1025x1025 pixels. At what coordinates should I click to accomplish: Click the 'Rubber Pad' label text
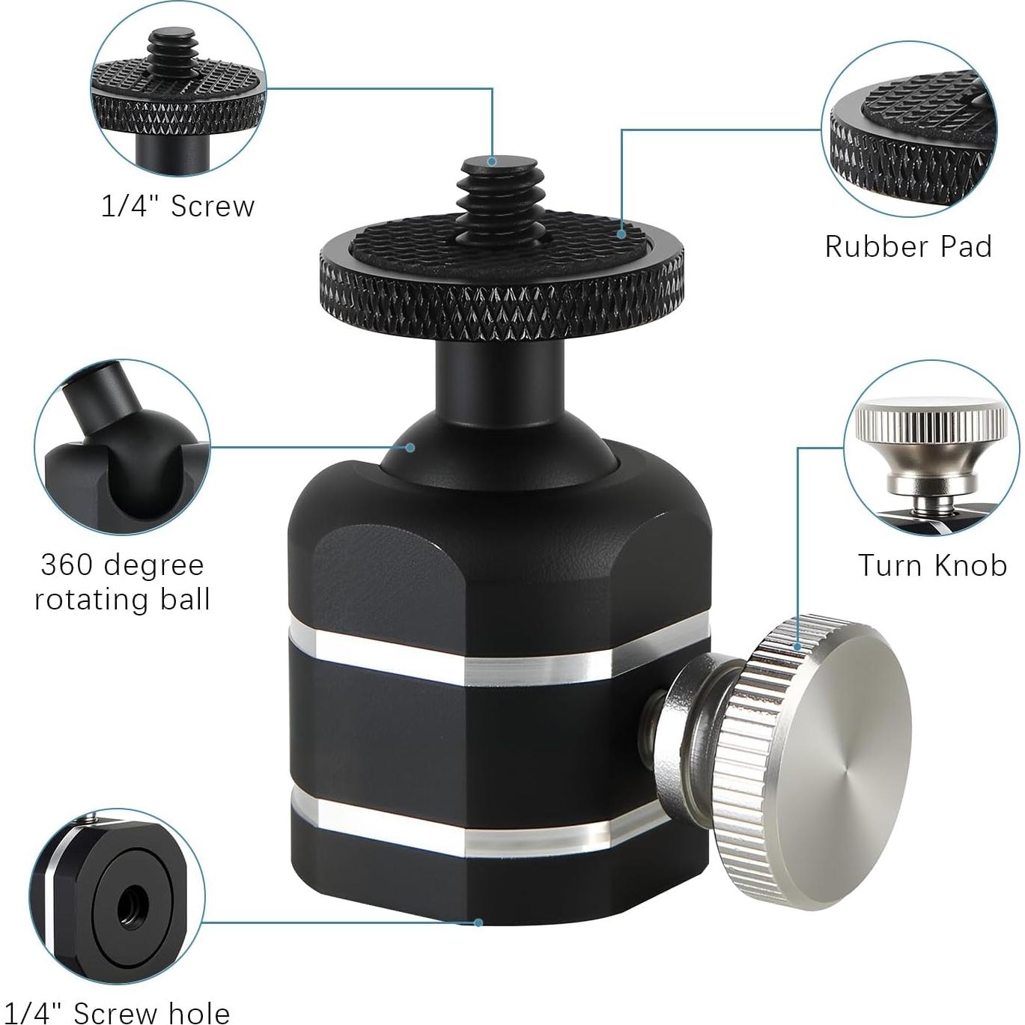coord(908,246)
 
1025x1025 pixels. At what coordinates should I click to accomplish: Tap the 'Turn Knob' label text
coord(932,565)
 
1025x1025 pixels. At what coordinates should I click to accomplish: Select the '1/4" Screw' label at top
coord(178,206)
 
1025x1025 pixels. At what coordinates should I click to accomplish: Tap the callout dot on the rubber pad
coord(621,234)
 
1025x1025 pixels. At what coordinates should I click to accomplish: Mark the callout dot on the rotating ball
coord(410,448)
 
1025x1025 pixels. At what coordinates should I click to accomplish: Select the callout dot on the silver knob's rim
coord(799,645)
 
